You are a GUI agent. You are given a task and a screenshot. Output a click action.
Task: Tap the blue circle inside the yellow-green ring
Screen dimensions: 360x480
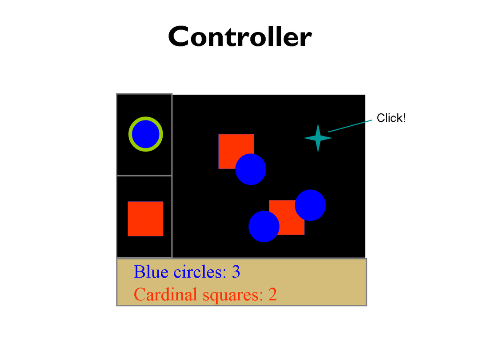[x=146, y=134]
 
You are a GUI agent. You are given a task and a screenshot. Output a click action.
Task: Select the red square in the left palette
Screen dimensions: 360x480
[x=145, y=219]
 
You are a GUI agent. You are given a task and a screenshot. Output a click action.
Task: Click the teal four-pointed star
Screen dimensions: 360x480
[x=318, y=138]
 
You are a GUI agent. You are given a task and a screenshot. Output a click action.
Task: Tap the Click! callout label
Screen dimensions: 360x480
[x=391, y=118]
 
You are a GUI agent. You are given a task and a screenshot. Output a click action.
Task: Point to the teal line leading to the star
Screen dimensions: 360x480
[x=349, y=126]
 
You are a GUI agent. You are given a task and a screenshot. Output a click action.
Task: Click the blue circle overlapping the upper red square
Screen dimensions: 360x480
[x=251, y=169]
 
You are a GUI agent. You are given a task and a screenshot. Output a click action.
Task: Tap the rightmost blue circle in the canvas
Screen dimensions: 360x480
[x=310, y=205]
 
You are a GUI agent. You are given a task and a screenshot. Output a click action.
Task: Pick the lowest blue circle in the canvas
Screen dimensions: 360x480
[x=264, y=226]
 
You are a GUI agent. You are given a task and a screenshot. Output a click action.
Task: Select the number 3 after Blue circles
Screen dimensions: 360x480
[x=236, y=272]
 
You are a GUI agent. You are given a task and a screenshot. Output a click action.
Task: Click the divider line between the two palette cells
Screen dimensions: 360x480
[x=144, y=176]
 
